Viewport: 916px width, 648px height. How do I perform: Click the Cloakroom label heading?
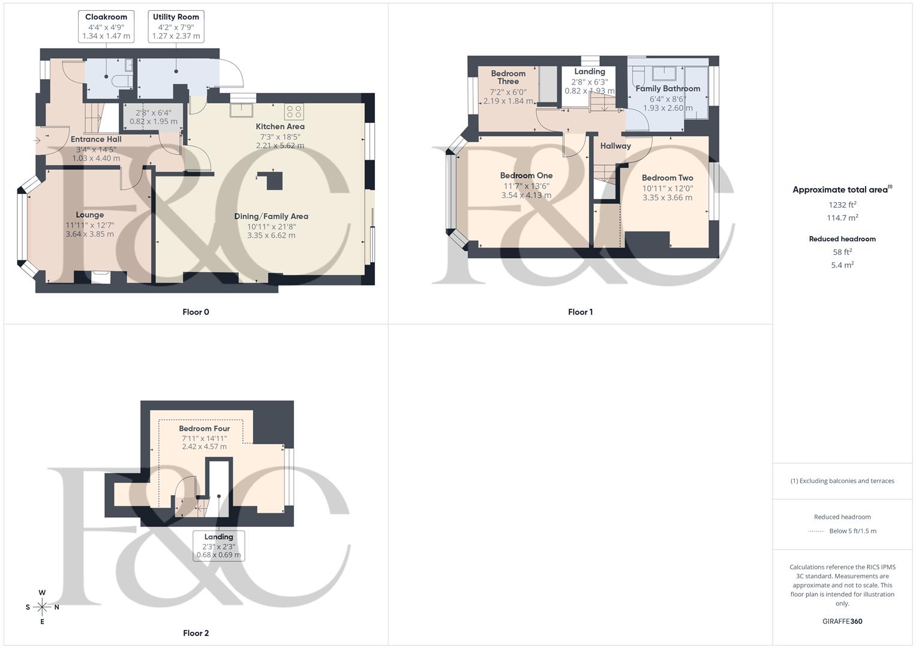106,17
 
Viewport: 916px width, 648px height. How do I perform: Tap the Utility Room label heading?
176,17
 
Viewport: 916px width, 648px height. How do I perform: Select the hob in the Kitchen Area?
294,111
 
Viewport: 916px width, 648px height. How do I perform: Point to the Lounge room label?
90,215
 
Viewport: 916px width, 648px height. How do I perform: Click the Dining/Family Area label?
271,216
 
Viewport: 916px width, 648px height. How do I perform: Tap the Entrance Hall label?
96,139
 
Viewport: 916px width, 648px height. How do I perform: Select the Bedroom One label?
526,176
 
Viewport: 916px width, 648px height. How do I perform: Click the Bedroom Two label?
667,178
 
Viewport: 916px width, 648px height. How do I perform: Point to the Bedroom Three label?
508,77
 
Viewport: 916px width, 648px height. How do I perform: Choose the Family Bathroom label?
668,88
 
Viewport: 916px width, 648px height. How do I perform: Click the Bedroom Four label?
204,428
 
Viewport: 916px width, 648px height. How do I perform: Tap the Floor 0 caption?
196,312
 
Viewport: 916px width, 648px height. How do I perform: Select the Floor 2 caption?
196,633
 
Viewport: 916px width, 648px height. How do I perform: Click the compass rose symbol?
42,607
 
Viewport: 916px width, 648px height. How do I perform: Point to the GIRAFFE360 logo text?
842,621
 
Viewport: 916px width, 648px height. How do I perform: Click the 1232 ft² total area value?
842,205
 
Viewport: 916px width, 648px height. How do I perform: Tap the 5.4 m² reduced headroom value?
842,265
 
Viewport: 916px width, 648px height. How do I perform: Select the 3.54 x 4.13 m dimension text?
526,195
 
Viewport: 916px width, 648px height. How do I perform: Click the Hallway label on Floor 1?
615,146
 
